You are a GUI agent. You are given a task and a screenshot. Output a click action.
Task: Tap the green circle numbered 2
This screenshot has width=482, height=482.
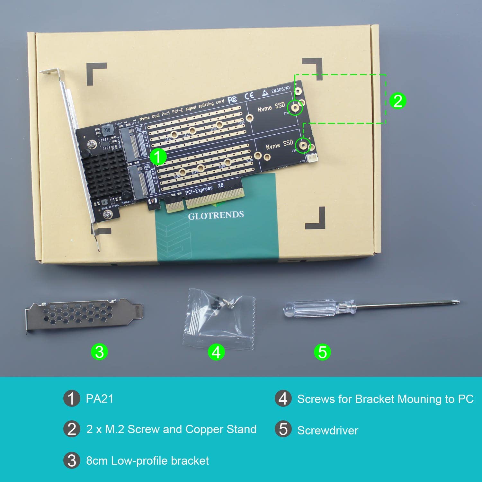tap(398, 101)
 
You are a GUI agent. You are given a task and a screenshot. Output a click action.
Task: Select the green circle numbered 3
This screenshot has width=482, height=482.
tap(99, 352)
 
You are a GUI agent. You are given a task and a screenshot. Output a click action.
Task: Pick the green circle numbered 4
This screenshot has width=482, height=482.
tap(216, 352)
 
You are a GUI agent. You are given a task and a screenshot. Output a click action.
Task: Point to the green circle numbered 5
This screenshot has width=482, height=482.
tap(322, 352)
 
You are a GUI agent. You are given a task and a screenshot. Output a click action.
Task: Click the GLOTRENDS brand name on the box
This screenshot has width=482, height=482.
tap(216, 215)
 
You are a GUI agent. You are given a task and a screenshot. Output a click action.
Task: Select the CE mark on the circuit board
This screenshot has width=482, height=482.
tap(249, 95)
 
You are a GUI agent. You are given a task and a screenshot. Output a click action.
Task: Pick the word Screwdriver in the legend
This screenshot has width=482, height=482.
tap(327, 430)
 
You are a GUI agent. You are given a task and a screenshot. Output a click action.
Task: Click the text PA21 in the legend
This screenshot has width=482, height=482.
tap(100, 399)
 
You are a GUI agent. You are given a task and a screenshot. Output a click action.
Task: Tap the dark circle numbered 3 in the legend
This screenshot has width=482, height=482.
tap(72, 461)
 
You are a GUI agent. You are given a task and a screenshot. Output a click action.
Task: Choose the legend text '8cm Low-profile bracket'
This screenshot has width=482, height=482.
tap(147, 461)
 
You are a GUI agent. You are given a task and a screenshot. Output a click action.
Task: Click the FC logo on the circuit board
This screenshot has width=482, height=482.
tap(233, 100)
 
